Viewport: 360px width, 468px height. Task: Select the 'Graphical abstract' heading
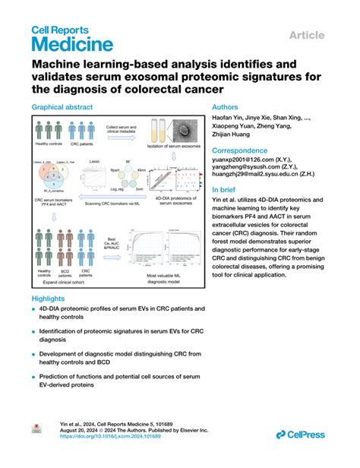click(x=62, y=109)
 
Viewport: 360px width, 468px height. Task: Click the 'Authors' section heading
click(x=229, y=109)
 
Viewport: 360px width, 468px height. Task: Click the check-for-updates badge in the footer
click(x=35, y=431)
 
